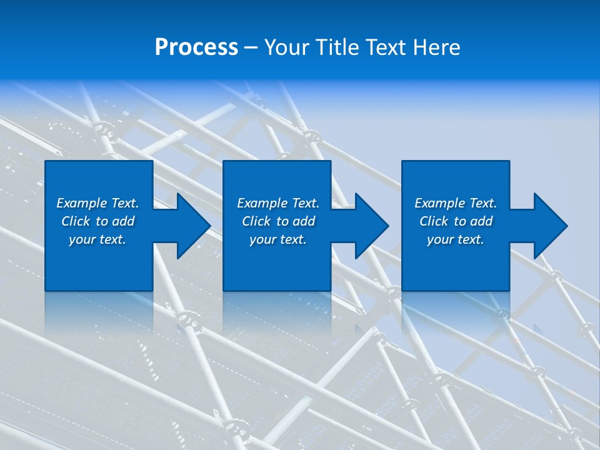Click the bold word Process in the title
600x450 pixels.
tap(196, 47)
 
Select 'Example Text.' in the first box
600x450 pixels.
tap(97, 203)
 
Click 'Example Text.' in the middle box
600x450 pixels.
tap(278, 203)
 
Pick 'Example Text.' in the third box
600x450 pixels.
tap(456, 203)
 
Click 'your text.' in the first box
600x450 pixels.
tap(97, 239)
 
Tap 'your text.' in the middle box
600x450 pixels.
tap(278, 239)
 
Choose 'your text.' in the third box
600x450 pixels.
tap(456, 239)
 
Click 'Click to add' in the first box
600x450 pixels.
tap(97, 221)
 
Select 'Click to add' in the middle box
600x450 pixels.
tap(278, 221)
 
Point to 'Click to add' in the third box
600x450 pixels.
tap(456, 221)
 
